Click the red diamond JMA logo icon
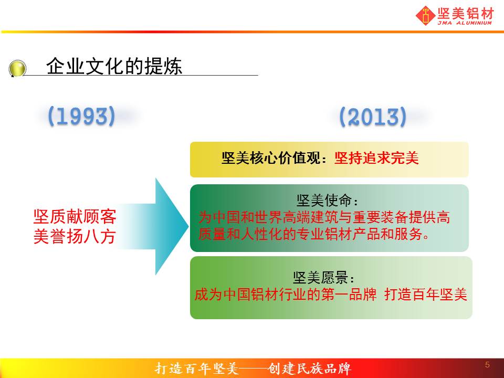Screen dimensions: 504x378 426,15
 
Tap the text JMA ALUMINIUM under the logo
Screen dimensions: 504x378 465,23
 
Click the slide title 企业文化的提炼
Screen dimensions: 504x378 114,66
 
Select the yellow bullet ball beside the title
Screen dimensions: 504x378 17,68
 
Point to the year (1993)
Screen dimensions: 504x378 81,116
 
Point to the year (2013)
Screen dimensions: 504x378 373,117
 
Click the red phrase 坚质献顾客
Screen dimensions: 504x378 75,217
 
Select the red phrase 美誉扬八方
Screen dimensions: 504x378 75,236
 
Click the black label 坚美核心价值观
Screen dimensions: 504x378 271,158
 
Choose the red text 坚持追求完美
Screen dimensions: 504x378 376,158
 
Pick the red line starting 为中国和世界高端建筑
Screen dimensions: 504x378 324,217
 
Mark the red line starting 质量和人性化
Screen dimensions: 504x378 313,234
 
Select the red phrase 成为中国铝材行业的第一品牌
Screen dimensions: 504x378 286,294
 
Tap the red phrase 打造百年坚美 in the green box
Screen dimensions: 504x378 426,294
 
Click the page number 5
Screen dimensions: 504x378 487,364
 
